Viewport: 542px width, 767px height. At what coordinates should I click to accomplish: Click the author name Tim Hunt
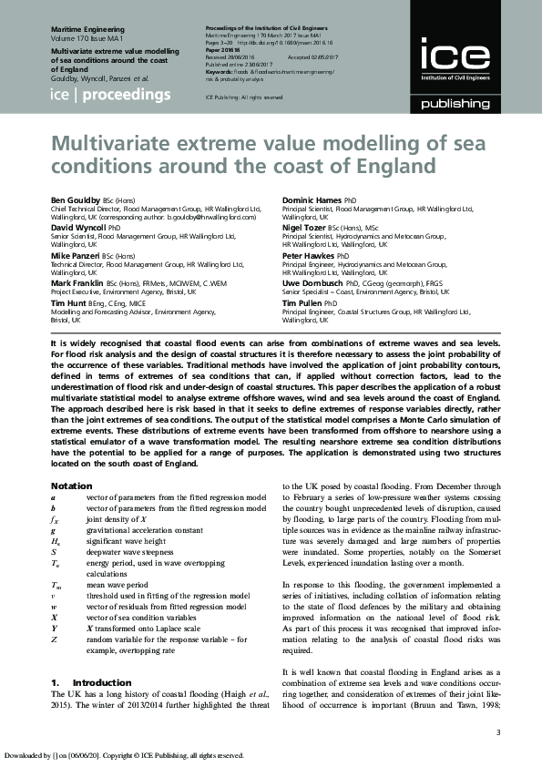(x=69, y=303)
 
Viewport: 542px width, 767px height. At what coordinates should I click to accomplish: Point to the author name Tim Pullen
(x=302, y=303)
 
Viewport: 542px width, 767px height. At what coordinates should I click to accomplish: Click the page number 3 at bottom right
(x=497, y=733)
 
